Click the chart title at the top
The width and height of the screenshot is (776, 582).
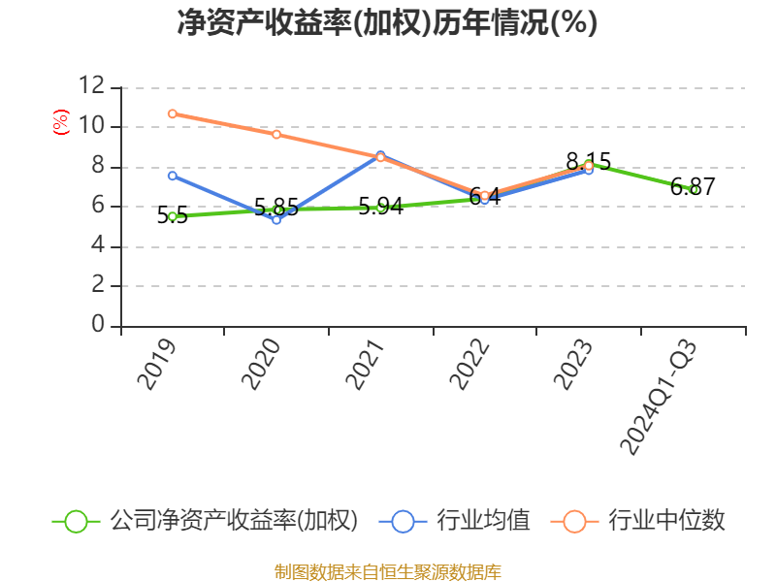click(387, 22)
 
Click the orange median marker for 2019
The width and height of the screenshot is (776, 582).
click(173, 113)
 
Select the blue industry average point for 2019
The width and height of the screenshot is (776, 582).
click(173, 176)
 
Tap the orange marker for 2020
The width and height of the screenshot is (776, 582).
click(276, 135)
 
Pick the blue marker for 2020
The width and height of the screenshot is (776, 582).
click(276, 220)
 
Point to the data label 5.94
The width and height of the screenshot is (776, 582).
click(380, 206)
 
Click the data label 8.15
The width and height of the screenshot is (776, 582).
click(589, 161)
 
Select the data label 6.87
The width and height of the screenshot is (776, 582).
click(693, 186)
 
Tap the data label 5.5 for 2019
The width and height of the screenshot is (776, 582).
click(173, 215)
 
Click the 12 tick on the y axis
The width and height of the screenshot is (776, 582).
click(92, 85)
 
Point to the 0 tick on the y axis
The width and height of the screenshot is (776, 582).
click(98, 324)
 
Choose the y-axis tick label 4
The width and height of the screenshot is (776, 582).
click(98, 245)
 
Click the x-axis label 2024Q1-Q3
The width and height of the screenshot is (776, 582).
click(659, 398)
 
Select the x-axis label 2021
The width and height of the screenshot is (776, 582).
click(366, 365)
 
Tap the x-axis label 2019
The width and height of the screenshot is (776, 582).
click(157, 365)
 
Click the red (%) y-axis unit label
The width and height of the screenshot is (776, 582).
click(61, 122)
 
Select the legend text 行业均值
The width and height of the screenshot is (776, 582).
click(483, 521)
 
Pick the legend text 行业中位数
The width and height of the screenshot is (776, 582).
click(666, 521)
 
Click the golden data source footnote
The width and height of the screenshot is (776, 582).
click(387, 572)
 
